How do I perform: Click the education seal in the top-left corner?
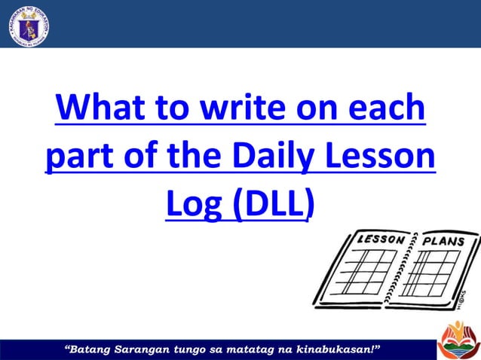click(x=27, y=24)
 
